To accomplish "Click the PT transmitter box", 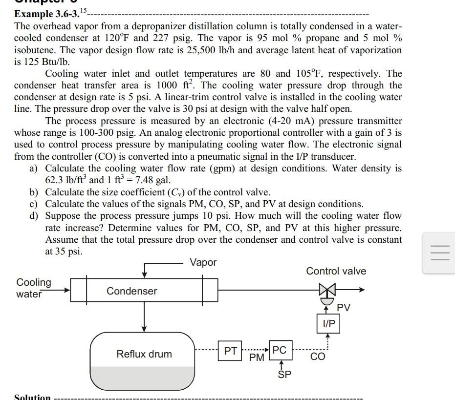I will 231,351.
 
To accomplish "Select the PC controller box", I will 280,350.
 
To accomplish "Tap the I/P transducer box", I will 329,323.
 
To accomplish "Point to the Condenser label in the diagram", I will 132,291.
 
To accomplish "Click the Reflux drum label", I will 144,354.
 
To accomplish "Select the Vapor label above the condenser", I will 203,262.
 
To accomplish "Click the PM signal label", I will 257,358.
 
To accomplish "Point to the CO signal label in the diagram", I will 318,357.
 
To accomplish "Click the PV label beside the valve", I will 344,307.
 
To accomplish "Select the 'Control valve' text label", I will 336,271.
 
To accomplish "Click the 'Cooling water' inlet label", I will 33,288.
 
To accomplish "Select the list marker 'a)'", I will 34,168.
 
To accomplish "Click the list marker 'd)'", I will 34,216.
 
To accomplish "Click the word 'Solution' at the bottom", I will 32,397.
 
